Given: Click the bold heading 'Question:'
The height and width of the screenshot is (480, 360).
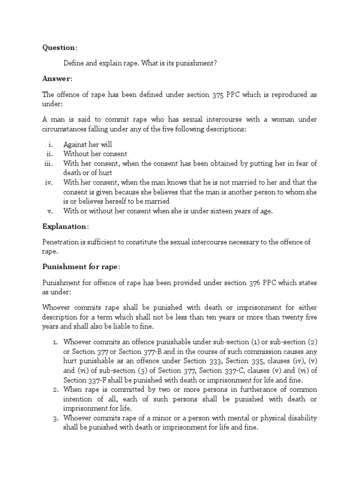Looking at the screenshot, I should (60, 47).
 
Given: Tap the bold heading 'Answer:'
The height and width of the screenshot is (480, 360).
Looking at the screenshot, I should (57, 78).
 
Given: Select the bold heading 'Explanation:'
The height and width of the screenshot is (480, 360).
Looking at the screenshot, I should (65, 226).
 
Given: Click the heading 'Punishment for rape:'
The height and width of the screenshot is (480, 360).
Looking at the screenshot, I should (81, 267).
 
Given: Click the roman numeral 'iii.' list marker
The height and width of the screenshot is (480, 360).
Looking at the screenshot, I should (49, 163).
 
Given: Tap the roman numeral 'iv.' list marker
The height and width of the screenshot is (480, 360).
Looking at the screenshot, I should (49, 182).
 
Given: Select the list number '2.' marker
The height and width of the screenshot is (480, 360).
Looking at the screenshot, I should (55, 390).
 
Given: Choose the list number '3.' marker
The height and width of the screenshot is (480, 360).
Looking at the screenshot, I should (55, 418).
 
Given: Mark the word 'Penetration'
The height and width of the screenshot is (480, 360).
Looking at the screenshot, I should (60, 242).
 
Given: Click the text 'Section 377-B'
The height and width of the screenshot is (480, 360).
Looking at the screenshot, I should (140, 352).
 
